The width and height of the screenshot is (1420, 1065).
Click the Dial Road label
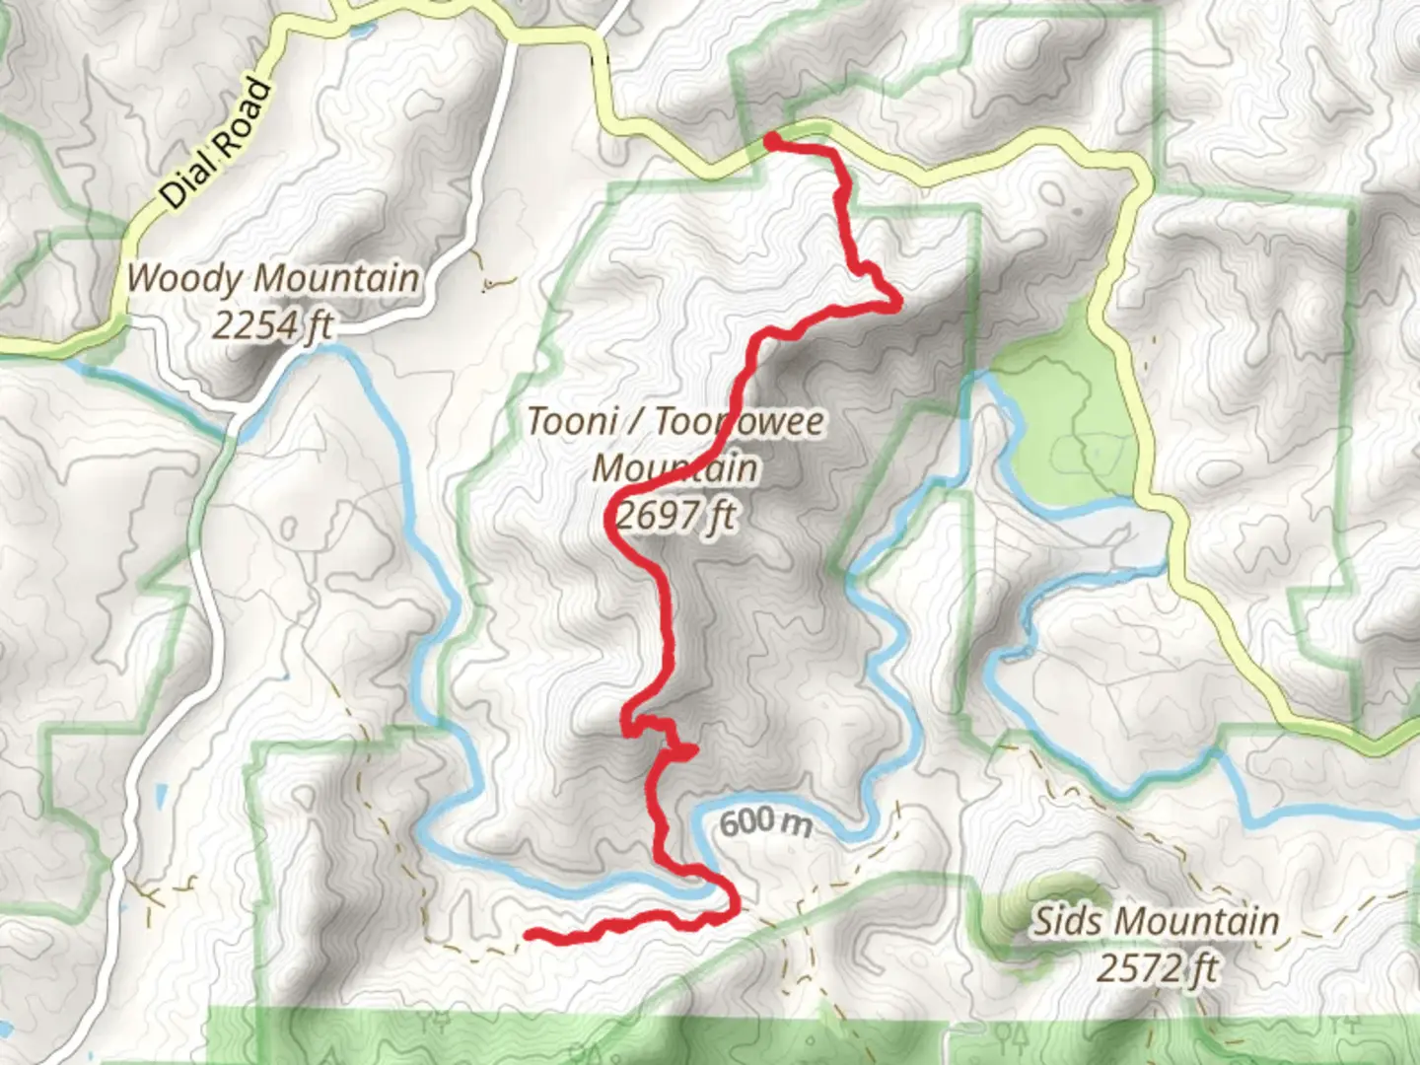[x=215, y=144]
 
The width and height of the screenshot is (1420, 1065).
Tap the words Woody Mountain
[x=272, y=279]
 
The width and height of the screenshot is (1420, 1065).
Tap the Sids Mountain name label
[x=1156, y=922]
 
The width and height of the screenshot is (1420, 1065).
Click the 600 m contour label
[x=764, y=821]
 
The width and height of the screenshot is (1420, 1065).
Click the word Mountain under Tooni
[x=675, y=467]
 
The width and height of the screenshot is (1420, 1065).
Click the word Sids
[x=1068, y=922]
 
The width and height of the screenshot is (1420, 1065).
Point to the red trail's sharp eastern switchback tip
[x=895, y=304]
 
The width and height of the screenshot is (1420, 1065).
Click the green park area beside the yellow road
[x=1060, y=434]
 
